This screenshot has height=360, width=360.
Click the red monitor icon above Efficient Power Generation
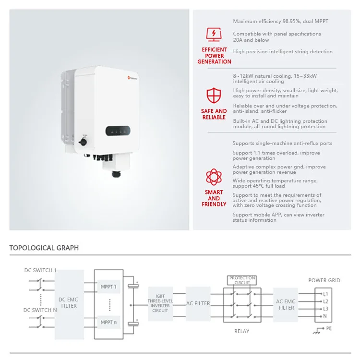point(214,35)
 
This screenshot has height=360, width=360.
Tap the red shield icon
point(214,95)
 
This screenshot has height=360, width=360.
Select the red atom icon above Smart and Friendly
point(214,177)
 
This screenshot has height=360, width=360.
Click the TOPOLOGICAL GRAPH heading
point(44,248)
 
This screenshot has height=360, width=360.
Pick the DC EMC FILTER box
point(69,303)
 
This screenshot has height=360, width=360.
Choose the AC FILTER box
point(198,303)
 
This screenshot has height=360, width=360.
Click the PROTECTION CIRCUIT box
point(242,280)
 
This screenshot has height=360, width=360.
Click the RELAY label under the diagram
point(241,331)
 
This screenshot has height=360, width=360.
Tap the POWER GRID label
point(324,280)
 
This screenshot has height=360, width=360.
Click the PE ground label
point(329,329)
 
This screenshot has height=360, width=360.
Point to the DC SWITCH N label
point(41,310)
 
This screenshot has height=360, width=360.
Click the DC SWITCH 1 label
point(40,270)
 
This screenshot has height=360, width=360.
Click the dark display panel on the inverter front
point(118,131)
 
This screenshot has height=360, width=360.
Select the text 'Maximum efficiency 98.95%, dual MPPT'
point(281,22)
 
